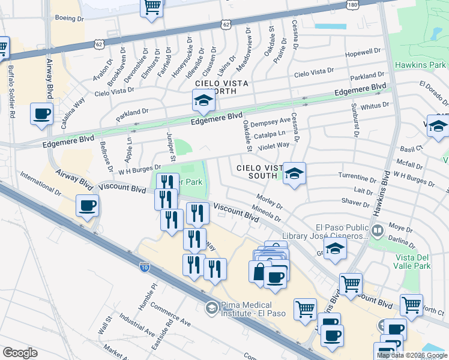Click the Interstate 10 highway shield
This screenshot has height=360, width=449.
point(144,268)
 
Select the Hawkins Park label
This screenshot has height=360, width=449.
point(420,65)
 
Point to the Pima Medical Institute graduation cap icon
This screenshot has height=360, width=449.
point(211,308)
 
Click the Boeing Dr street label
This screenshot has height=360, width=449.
point(70,19)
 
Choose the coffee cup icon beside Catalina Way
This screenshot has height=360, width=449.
point(42,114)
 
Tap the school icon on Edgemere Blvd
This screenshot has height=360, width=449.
point(203,100)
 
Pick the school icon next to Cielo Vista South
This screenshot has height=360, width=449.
point(294,174)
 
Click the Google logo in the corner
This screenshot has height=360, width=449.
point(20,353)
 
